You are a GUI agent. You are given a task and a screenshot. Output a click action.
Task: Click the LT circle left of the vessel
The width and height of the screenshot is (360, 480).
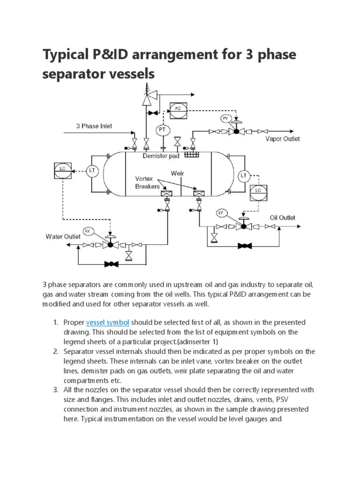click(92, 171)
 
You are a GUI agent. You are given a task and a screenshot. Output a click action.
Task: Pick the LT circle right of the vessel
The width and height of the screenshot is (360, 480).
click(244, 176)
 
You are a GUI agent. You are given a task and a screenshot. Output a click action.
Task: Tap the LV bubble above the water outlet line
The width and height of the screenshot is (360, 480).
click(88, 231)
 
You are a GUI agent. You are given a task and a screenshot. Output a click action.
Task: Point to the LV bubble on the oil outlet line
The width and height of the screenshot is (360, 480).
click(221, 213)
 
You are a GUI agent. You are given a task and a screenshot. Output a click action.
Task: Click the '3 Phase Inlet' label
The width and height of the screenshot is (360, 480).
click(94, 126)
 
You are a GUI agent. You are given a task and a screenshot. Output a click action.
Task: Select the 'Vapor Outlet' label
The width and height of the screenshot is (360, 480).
click(283, 139)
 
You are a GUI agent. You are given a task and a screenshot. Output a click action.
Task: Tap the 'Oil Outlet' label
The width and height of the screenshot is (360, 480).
click(282, 217)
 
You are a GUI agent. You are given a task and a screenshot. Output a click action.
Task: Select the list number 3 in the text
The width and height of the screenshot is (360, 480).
click(54, 390)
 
